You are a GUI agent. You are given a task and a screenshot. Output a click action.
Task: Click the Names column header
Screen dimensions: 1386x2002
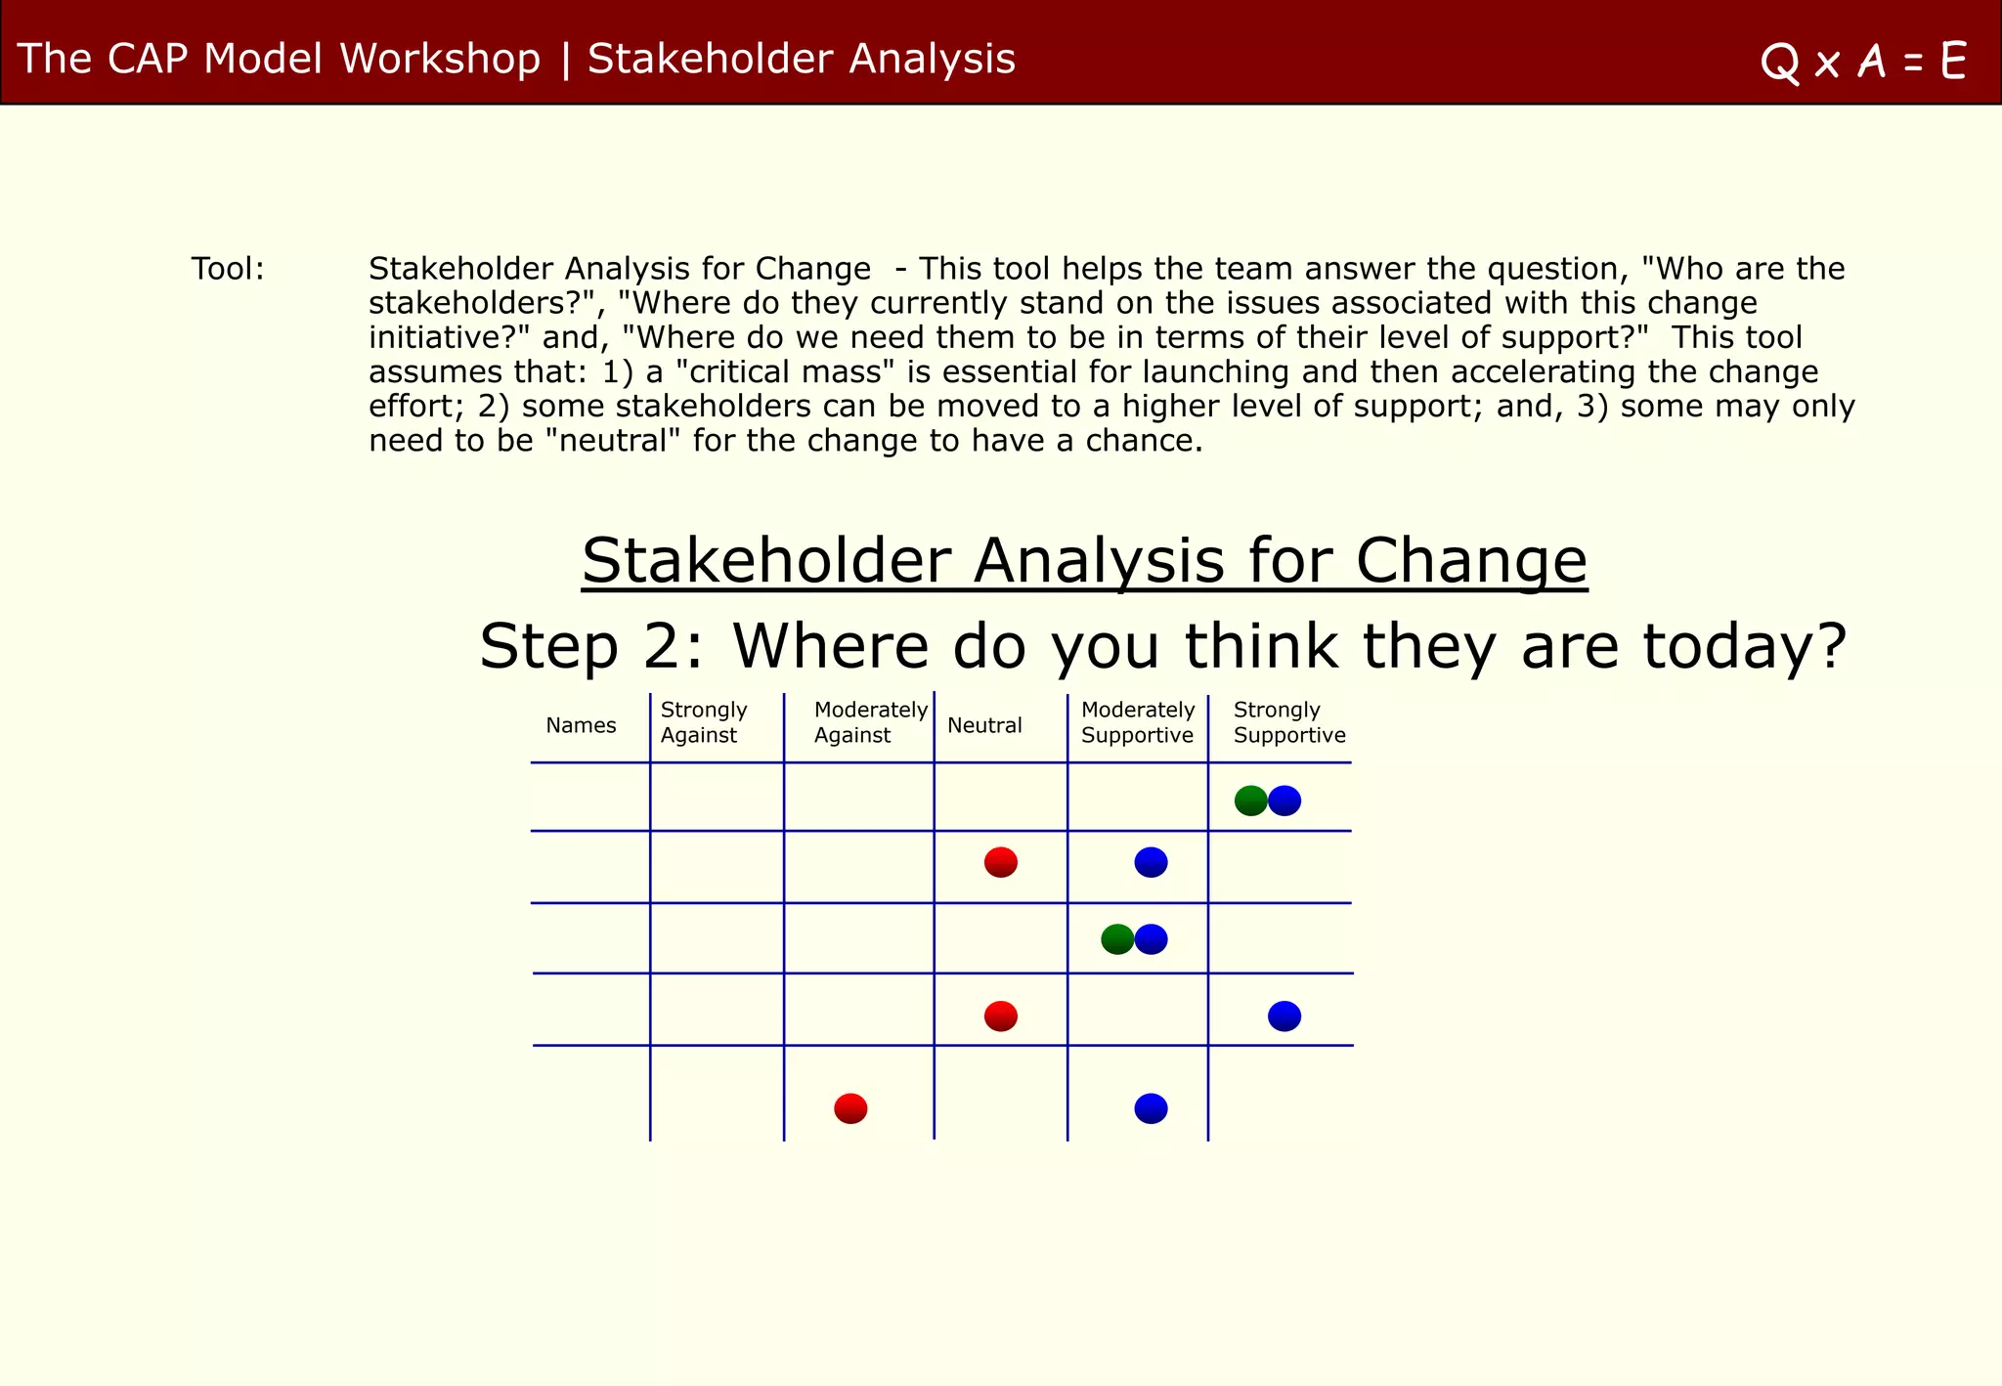click(581, 725)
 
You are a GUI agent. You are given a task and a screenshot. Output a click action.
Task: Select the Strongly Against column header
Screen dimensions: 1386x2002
click(703, 722)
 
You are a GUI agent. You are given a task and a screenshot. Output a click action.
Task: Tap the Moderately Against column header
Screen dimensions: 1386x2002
click(869, 722)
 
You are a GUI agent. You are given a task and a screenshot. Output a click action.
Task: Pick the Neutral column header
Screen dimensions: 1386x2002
click(984, 725)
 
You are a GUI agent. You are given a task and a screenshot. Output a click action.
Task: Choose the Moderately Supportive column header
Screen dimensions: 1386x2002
click(1138, 722)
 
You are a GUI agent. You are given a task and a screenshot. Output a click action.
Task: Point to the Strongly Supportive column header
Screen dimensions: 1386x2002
click(1288, 722)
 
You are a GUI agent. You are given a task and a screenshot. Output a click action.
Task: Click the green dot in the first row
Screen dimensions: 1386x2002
click(1250, 801)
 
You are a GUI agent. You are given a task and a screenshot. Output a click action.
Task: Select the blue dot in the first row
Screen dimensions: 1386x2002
click(1285, 801)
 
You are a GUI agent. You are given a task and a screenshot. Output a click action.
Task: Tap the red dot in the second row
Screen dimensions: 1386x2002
click(1001, 862)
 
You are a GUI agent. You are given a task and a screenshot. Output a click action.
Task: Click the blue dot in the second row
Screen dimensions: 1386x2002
click(1151, 862)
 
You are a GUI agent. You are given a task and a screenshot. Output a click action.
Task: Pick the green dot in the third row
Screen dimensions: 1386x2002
click(1116, 939)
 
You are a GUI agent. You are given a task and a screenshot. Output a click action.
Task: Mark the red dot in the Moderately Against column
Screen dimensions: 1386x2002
click(850, 1108)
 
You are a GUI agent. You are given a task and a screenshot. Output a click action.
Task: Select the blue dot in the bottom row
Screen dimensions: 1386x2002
click(1151, 1108)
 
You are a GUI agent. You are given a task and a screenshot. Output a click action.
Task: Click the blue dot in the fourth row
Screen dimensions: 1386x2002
click(1284, 1017)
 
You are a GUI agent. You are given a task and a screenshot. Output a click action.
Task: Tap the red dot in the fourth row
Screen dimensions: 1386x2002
click(1001, 1017)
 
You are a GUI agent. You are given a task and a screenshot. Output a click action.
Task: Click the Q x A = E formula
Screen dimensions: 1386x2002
click(1863, 62)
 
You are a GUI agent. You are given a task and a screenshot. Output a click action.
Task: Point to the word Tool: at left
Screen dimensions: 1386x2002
click(228, 269)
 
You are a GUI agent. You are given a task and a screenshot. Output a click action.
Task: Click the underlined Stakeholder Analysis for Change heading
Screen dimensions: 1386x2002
click(1084, 561)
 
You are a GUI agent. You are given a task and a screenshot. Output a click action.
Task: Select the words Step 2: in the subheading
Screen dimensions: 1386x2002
click(590, 647)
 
